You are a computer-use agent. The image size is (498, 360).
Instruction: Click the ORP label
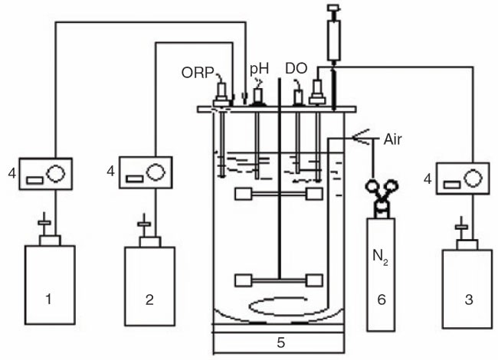click(198, 73)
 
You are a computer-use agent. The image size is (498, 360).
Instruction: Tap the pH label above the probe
click(259, 69)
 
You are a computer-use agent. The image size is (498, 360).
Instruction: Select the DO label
click(297, 69)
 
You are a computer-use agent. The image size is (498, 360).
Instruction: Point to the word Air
click(392, 139)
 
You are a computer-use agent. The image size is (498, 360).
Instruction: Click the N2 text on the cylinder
click(381, 257)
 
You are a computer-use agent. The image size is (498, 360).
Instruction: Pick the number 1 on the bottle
click(48, 299)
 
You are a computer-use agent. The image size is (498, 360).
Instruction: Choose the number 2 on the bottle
click(149, 299)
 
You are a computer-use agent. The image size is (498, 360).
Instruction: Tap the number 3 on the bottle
click(469, 299)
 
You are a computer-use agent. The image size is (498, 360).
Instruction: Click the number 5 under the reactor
click(280, 342)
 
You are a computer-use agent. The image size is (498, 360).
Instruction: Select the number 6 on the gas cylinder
click(382, 299)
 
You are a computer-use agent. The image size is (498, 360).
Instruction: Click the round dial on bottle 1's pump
click(56, 173)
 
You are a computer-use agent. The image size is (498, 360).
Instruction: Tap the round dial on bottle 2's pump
click(156, 172)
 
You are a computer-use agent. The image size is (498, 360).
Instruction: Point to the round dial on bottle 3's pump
click(473, 178)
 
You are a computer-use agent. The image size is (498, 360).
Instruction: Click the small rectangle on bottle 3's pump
click(451, 185)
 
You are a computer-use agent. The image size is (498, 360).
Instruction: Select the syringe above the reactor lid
click(334, 38)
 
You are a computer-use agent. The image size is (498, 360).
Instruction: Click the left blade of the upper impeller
click(244, 194)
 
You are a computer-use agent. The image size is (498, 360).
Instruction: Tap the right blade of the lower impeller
click(314, 280)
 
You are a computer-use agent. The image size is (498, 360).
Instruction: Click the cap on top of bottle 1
click(50, 241)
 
